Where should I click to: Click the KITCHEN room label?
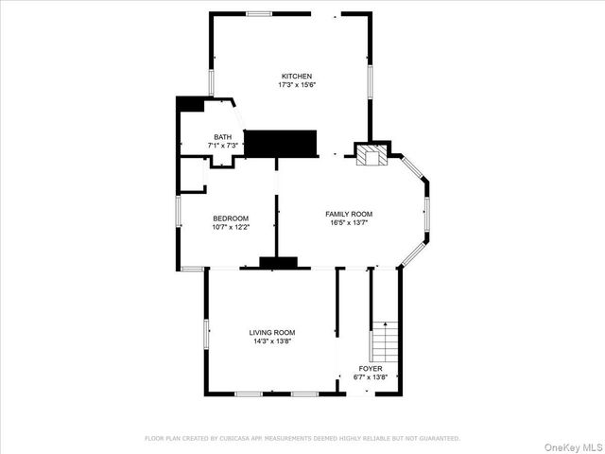[x=296, y=77]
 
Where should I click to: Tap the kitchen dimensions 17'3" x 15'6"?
[x=296, y=85]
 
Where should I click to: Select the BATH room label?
[x=222, y=137]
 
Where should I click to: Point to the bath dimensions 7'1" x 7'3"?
[x=222, y=146]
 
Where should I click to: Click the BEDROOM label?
[x=230, y=218]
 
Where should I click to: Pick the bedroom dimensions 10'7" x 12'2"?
[x=230, y=227]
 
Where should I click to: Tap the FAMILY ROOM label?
[x=349, y=215]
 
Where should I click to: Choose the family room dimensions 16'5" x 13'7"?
[x=349, y=223]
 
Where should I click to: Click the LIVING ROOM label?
[x=272, y=333]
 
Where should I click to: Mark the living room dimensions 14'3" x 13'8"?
[x=272, y=341]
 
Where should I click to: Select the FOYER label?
[x=371, y=368]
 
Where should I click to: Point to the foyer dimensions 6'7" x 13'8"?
[x=371, y=376]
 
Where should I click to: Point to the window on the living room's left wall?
[x=206, y=333]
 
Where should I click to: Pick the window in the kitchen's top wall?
[x=259, y=13]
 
